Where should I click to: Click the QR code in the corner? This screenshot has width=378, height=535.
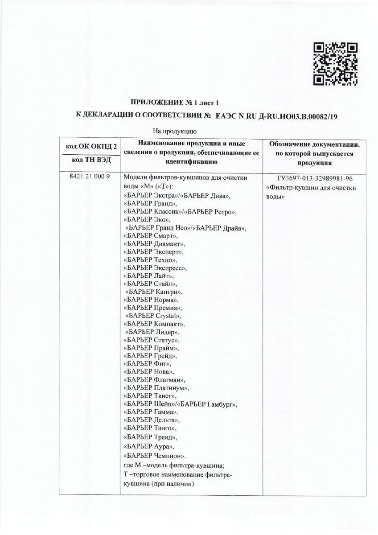coord(335,64)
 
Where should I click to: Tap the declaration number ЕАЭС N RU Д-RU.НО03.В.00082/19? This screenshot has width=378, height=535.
coord(276,116)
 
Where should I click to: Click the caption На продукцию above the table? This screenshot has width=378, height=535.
coord(172,131)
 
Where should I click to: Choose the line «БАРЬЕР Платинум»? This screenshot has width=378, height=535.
coord(155,388)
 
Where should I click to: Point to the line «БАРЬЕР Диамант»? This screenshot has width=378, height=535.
coord(154,244)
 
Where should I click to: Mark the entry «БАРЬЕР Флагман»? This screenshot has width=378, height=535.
coord(153,380)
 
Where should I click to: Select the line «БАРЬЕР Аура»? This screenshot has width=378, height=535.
coord(148,446)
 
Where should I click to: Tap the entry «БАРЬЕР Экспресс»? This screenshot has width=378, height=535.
coord(155,268)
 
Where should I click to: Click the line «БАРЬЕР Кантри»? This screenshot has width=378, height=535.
coord(154,292)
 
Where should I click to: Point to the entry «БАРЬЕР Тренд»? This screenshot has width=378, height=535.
coord(149,437)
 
